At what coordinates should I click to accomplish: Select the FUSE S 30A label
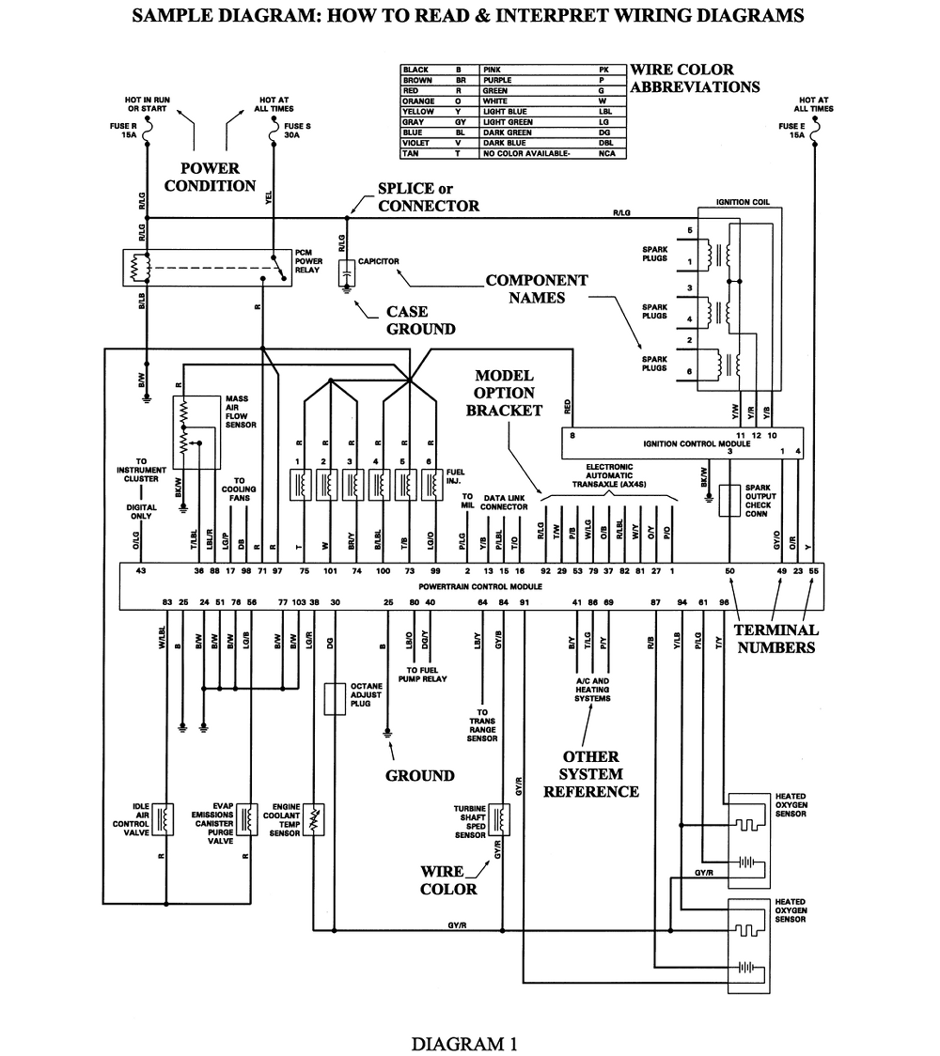292,130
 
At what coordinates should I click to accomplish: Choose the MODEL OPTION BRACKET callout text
504,393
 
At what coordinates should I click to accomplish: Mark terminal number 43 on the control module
141,571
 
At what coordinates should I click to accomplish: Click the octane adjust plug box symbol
334,700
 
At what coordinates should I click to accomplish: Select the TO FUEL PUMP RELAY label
422,673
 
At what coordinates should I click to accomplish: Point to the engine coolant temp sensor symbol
317,818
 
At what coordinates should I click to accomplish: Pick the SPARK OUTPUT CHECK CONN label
759,501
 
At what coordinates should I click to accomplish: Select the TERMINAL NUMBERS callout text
776,638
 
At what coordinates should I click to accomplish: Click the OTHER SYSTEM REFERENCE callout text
591,774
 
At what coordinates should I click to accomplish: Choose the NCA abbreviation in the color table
606,153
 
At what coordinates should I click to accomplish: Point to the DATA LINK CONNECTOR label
504,503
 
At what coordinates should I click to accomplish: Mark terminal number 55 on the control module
814,571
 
